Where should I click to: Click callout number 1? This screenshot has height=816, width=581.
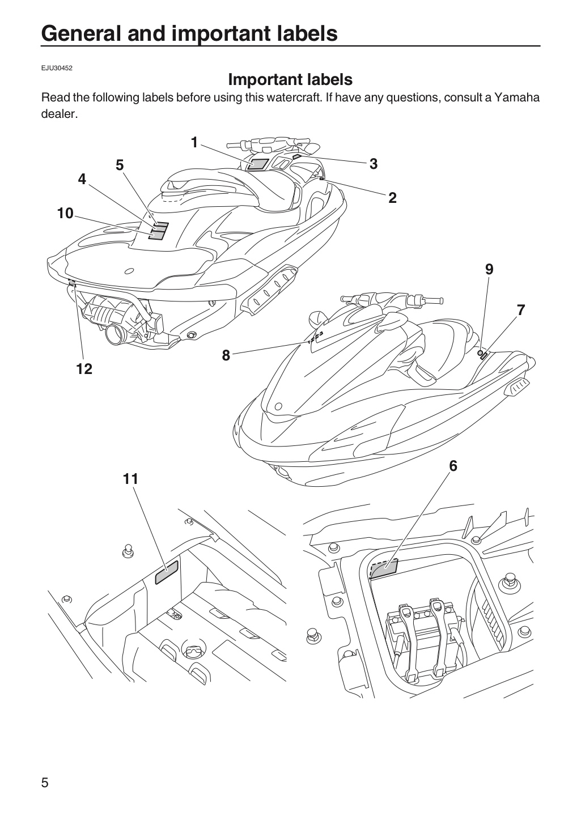(194, 142)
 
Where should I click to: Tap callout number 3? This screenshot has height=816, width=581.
(374, 164)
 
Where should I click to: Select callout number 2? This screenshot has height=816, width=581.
(392, 198)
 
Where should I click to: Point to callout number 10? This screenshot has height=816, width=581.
(65, 214)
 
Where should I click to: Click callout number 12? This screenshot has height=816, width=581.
(84, 369)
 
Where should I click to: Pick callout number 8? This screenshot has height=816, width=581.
(226, 355)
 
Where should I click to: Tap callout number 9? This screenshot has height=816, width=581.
(489, 269)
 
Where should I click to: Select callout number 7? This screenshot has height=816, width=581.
(521, 310)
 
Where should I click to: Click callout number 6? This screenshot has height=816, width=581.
(453, 466)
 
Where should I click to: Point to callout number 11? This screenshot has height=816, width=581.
(130, 479)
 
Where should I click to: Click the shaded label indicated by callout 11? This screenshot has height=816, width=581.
(167, 572)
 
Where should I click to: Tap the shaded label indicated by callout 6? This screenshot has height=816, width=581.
(384, 569)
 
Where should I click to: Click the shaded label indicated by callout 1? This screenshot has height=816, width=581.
(257, 164)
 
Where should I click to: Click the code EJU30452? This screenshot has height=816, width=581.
(57, 68)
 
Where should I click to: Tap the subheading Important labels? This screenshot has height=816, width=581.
(290, 79)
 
